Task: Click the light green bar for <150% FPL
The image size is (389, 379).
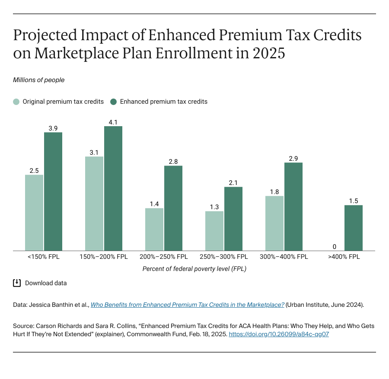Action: pos(34,213)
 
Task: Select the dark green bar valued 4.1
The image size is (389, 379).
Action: pos(113,188)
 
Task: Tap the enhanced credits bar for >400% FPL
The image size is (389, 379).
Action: pos(354,228)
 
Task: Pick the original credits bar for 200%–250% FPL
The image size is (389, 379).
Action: pos(154,229)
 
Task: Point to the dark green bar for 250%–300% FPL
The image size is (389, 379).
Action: pos(233,219)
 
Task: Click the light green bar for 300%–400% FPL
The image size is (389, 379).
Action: pos(274,223)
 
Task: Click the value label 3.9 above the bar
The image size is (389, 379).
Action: pos(53,128)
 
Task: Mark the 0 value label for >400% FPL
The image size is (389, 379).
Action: pos(335,246)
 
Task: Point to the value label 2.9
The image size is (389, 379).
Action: pos(293,159)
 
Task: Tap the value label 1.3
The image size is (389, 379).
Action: pos(214,207)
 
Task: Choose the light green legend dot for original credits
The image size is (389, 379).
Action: pos(16,102)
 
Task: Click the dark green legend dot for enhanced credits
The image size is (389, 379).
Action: pos(114,102)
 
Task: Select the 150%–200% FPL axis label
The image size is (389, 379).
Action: pos(104,257)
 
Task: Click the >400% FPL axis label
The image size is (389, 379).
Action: pos(344,257)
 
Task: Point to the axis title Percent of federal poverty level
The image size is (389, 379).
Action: pos(194,269)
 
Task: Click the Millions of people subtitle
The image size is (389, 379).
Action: pos(39,80)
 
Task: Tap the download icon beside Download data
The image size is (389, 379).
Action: pos(17,283)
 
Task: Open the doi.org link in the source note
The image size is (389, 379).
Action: pos(279,334)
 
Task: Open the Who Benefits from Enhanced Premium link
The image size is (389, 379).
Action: pos(187,305)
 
